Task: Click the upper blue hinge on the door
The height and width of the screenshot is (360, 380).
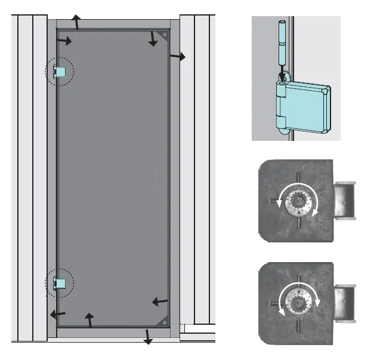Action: point(59,72)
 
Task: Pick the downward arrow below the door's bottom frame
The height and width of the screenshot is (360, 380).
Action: point(147,336)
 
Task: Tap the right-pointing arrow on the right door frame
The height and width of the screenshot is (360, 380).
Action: point(177,56)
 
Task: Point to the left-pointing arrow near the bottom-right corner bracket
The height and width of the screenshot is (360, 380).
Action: point(160,301)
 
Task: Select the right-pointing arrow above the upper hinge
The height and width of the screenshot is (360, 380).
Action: point(64,41)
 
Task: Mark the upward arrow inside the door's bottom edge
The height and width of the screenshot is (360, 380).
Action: point(90,320)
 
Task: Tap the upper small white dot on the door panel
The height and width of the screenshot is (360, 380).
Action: point(155,170)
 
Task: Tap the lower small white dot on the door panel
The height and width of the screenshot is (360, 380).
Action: point(155,181)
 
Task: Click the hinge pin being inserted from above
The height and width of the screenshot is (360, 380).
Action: point(283,48)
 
